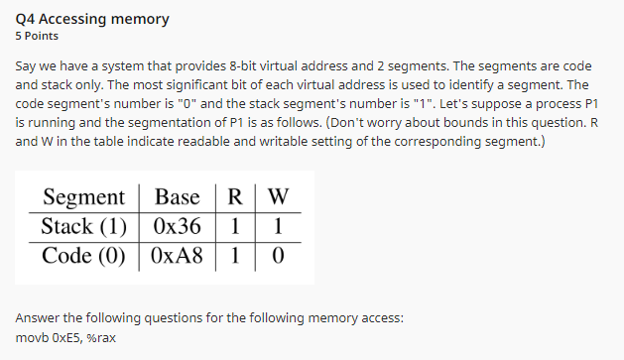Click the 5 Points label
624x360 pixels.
coord(37,37)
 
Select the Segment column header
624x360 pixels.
coord(84,196)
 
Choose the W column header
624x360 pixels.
coord(277,196)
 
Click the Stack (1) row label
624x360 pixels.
coord(84,225)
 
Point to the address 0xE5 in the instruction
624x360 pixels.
coord(69,339)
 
